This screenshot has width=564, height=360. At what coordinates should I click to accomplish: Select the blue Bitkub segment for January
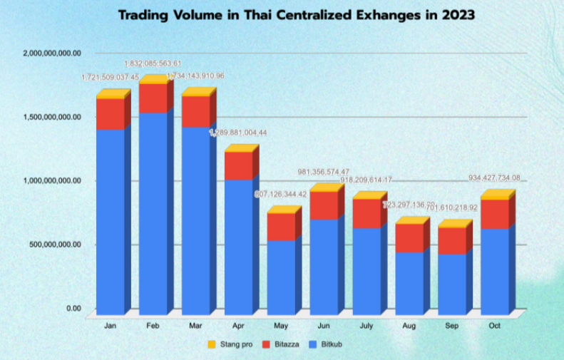pyautogui.click(x=110, y=221)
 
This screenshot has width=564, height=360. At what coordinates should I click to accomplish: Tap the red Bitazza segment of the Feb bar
pyautogui.click(x=153, y=98)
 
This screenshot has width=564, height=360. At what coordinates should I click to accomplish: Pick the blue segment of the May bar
pyautogui.click(x=281, y=277)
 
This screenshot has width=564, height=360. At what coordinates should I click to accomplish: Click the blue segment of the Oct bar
pyautogui.click(x=494, y=271)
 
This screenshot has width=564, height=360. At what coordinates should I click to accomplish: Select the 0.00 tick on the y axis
pyautogui.click(x=73, y=308)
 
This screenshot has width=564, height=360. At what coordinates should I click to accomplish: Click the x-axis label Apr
pyautogui.click(x=238, y=326)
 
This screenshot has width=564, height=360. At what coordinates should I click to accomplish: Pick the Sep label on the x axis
pyautogui.click(x=452, y=326)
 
